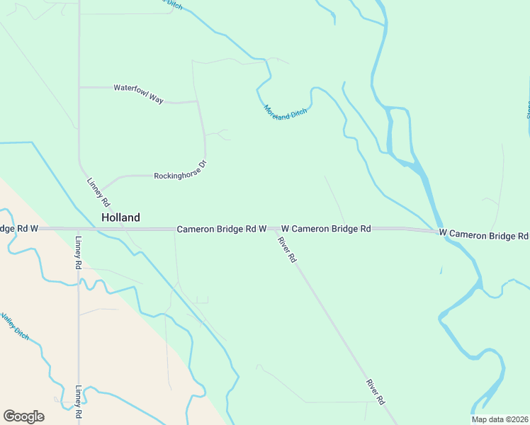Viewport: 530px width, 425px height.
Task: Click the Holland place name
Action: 120,217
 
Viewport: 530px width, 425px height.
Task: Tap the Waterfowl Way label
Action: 138,93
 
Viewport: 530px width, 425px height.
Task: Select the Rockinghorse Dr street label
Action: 180,170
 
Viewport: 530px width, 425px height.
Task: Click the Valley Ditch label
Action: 15,325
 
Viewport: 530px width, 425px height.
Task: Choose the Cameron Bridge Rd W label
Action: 221,229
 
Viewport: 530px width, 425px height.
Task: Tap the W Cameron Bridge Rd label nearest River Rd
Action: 326,229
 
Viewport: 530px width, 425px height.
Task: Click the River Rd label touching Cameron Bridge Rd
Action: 286,250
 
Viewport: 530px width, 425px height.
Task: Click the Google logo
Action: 23,416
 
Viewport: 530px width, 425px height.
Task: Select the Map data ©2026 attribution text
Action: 500,419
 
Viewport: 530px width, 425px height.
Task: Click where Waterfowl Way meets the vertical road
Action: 79,87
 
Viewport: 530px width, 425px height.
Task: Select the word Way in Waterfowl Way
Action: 154,98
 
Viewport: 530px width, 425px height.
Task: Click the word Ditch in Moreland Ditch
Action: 298,115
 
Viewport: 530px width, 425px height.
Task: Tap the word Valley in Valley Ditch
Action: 9,320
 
